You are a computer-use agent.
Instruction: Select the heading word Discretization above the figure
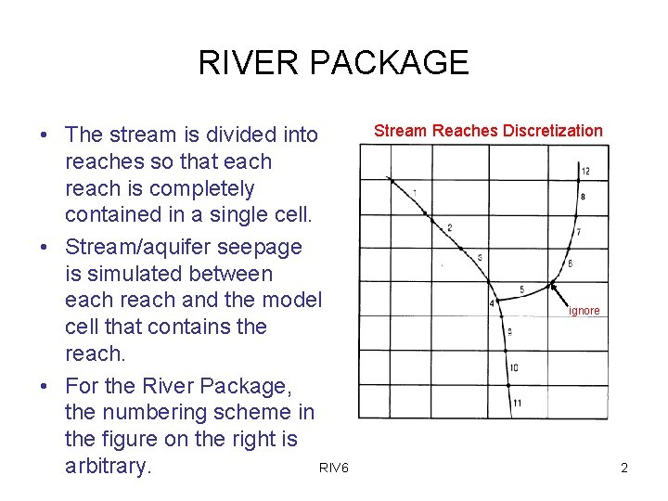pyautogui.click(x=552, y=131)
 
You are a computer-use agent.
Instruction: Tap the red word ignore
pyautogui.click(x=584, y=311)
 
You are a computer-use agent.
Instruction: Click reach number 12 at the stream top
pyautogui.click(x=585, y=172)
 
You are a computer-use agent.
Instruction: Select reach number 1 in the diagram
pyautogui.click(x=414, y=192)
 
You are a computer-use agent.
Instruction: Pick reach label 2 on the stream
pyautogui.click(x=450, y=227)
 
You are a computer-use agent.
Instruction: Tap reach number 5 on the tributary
pyautogui.click(x=521, y=290)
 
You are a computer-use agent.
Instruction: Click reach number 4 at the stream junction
pyautogui.click(x=491, y=303)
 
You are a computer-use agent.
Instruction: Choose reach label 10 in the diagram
pyautogui.click(x=514, y=368)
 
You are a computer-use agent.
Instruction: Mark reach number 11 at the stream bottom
pyautogui.click(x=517, y=403)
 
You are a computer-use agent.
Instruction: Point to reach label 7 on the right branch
pyautogui.click(x=578, y=231)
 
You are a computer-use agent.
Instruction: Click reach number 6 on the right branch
pyautogui.click(x=570, y=264)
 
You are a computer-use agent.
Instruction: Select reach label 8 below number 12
pyautogui.click(x=582, y=197)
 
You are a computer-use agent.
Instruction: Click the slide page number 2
pyautogui.click(x=624, y=469)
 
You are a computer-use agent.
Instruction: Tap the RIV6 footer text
pyautogui.click(x=333, y=469)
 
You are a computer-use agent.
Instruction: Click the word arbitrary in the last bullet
pyautogui.click(x=107, y=466)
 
